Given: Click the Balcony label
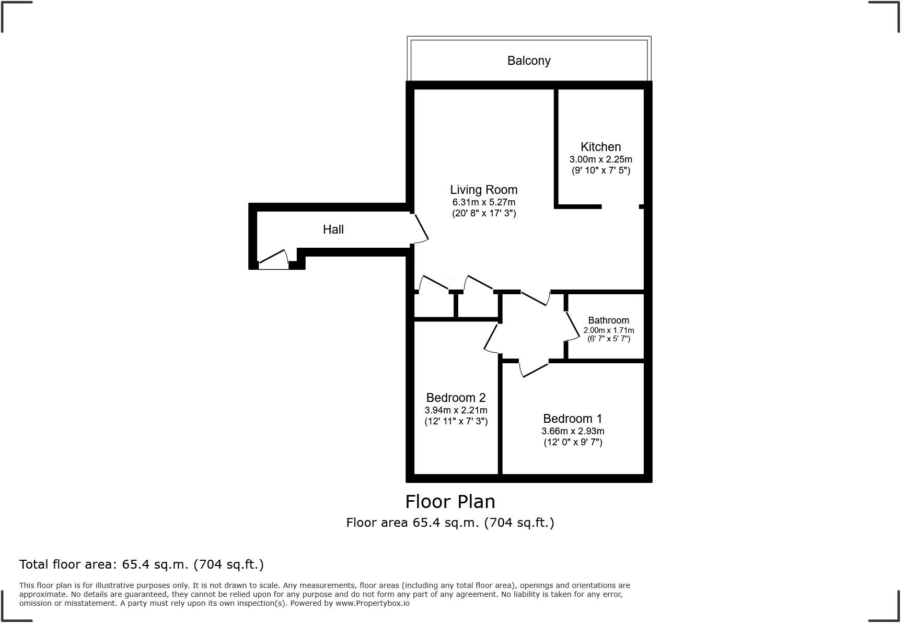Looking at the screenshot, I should click(529, 61).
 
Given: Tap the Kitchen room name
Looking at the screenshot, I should click(600, 147).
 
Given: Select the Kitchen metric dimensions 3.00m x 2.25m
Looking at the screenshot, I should click(600, 159).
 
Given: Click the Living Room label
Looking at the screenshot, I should click(483, 190).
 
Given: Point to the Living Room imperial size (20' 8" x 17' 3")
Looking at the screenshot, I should click(483, 213).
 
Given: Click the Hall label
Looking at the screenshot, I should click(333, 229).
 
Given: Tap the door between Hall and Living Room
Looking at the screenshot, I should click(421, 229).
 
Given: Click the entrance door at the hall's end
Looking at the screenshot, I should click(273, 260).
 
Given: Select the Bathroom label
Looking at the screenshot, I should click(608, 320).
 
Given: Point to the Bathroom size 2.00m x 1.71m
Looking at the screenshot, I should click(608, 330).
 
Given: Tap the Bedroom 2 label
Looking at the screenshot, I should click(456, 398).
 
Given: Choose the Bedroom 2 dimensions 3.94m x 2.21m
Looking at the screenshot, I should click(456, 410).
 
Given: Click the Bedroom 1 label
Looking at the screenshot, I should click(572, 419).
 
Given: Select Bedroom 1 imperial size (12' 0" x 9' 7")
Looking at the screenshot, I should click(573, 442).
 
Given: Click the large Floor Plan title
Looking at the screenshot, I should click(450, 502).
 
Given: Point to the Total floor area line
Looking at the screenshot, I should click(141, 564).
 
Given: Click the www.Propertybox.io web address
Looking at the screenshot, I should click(372, 603).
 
